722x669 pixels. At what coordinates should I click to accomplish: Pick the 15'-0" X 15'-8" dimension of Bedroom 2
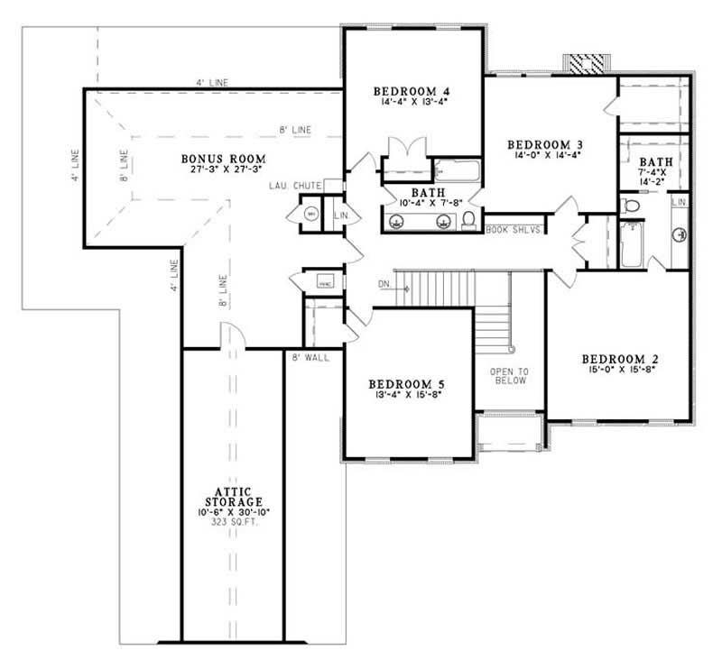pos(624,369)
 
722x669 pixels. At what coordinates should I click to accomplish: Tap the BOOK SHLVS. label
pos(514,229)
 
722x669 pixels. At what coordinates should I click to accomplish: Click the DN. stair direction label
pos(384,287)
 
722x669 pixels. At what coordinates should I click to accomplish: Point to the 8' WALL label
pos(310,358)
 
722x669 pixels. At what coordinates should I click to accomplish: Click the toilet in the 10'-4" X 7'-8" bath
pos(468,221)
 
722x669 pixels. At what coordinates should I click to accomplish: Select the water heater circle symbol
pos(310,215)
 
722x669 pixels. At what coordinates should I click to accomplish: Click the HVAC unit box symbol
pos(324,283)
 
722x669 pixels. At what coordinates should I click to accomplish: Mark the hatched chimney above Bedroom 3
pos(586,63)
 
